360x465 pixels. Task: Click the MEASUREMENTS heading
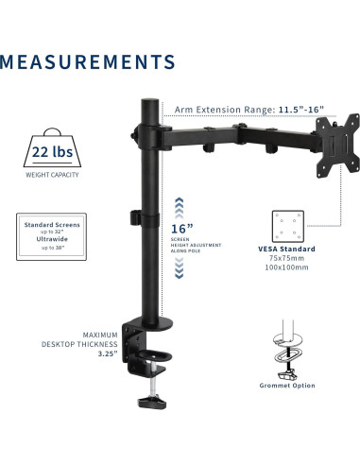pos(88,62)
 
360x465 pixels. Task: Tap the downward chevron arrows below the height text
pos(181,273)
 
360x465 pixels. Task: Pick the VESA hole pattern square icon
pos(291,227)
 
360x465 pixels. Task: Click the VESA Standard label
pos(291,250)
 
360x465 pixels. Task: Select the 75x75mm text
pos(291,259)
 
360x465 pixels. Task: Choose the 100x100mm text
pos(291,268)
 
